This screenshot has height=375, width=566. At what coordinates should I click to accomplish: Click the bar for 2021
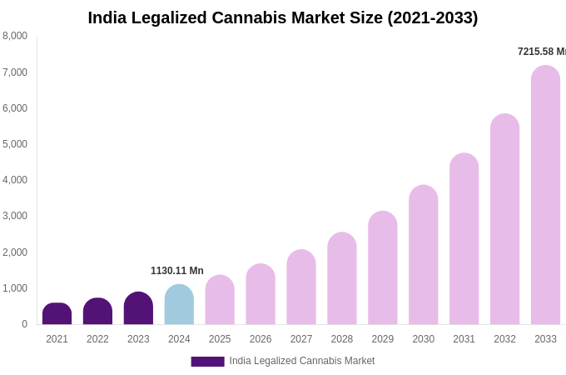point(57,314)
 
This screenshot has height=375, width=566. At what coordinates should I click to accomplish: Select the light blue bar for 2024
point(179,305)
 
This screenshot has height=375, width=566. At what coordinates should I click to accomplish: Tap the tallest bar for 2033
point(545,195)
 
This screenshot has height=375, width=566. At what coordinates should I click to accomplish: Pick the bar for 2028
point(341,278)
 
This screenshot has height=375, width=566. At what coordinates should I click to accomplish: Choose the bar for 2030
point(423,255)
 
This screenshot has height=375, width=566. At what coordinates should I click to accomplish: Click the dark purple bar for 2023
point(138,308)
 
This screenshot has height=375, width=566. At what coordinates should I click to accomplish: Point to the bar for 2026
point(261,294)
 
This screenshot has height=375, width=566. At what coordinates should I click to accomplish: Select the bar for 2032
point(504,219)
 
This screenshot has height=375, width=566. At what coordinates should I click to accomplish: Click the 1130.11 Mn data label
point(176,271)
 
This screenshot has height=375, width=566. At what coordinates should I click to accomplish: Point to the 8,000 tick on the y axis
point(15,36)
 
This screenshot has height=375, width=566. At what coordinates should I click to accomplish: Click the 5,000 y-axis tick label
point(15,144)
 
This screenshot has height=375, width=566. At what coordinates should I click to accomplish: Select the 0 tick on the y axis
point(24,324)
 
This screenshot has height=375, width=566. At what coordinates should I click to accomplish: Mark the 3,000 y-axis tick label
point(15,216)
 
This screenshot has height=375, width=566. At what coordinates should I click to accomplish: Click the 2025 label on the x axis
point(220,339)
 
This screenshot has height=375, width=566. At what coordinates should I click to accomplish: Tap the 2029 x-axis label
point(382,339)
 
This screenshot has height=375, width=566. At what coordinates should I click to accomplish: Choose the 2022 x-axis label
point(97,339)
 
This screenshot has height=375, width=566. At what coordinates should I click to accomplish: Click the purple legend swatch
point(207,362)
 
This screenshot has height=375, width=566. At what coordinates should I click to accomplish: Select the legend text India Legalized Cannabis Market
point(301,361)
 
